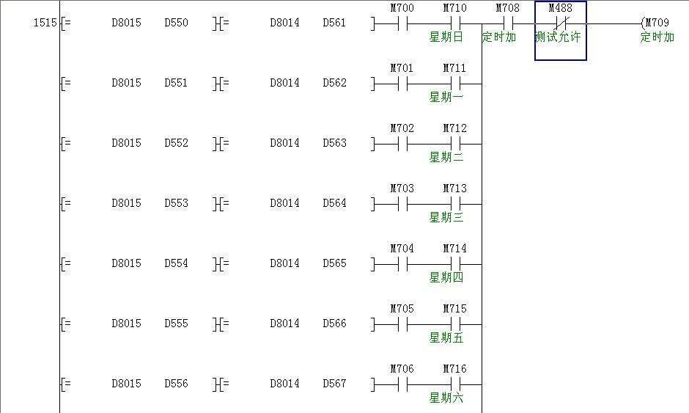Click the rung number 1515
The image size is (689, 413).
point(45,23)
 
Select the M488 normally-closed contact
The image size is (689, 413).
point(561,23)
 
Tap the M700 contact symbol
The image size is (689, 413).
point(402,23)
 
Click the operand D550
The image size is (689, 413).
point(176,23)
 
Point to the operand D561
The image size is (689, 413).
point(334,23)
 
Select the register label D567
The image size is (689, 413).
point(334,384)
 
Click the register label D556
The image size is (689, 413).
point(176,384)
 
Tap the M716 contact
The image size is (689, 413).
point(454,384)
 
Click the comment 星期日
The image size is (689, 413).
point(446,37)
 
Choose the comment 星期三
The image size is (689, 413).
point(446,217)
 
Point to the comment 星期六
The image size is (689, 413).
point(446,398)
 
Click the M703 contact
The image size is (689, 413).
point(402,203)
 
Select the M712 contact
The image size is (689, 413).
point(454,143)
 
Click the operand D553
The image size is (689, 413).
point(176,203)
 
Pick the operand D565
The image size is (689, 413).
point(334,263)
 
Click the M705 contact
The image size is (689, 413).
point(402,324)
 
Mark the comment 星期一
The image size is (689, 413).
point(446,97)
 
